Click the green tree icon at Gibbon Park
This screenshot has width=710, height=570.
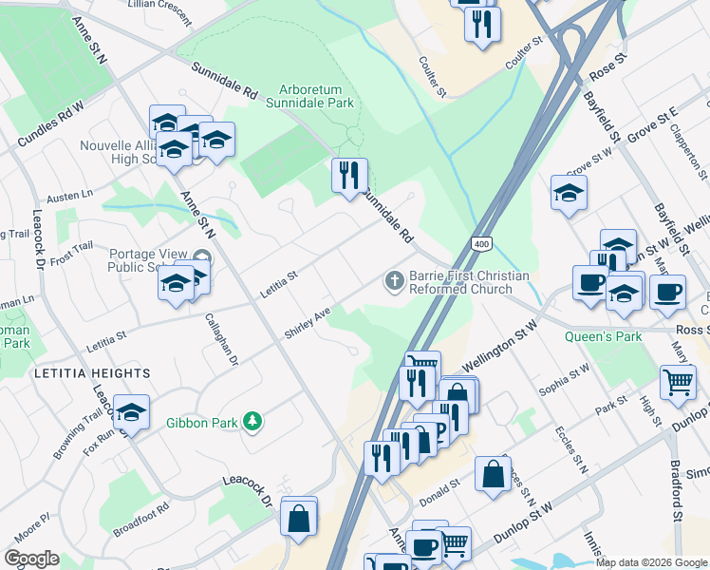point(252,421)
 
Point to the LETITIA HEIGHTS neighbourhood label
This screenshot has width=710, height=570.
point(92,373)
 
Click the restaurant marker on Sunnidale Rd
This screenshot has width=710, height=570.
point(350,175)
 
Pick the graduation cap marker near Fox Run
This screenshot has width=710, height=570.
point(132,412)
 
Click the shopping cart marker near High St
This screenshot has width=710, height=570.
point(678,382)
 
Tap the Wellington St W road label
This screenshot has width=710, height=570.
point(500,347)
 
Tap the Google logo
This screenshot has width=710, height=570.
point(31,559)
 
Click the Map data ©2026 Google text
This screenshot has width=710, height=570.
point(650,562)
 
